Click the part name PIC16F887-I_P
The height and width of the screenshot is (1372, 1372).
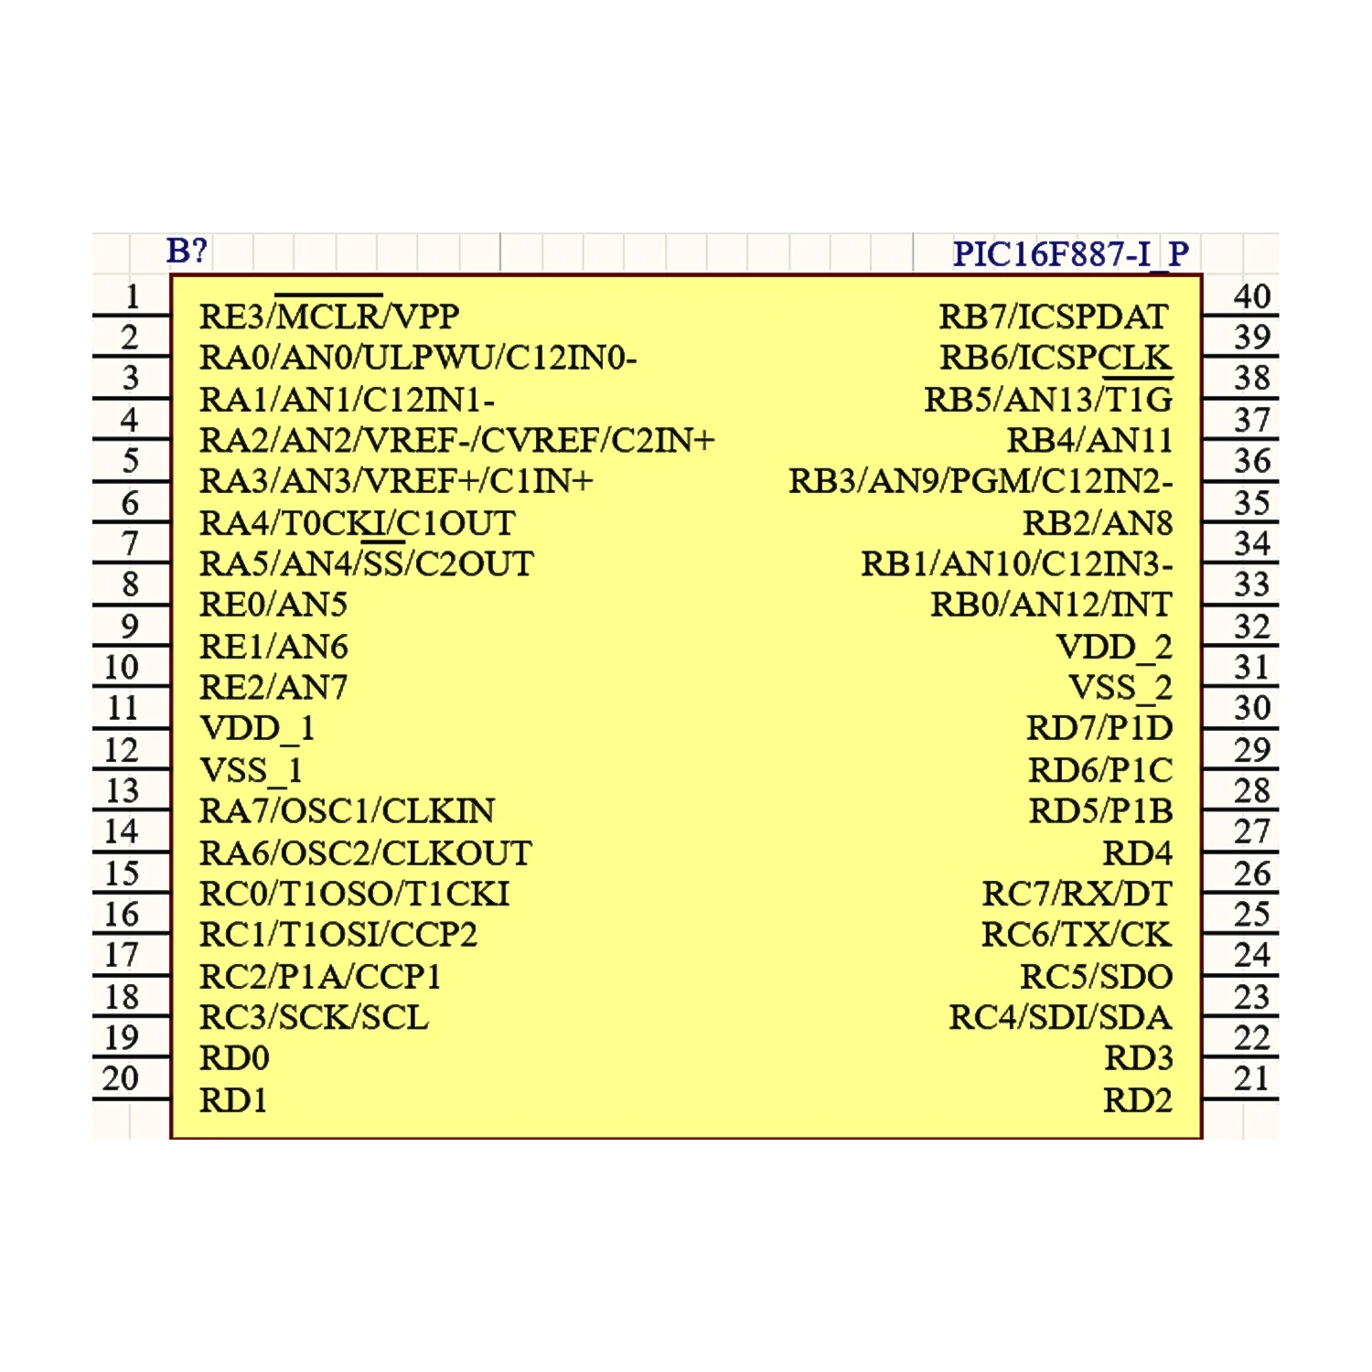point(1070,253)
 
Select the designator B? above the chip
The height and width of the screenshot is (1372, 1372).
point(187,250)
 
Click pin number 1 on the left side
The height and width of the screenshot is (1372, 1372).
point(133,296)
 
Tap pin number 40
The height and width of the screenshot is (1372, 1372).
point(1251,296)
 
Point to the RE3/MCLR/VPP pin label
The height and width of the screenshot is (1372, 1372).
point(329,316)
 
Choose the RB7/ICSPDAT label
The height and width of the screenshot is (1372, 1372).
point(1054,316)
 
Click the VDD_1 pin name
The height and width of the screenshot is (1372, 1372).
point(257,729)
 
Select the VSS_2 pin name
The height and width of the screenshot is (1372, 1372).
point(1120,688)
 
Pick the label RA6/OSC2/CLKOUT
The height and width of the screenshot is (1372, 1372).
point(366,853)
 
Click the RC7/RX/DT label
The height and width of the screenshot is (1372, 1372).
point(1077,894)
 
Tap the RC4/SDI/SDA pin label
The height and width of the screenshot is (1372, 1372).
point(1060,1017)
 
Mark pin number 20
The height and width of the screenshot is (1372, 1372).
point(121,1078)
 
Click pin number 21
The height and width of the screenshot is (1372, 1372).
point(1251,1078)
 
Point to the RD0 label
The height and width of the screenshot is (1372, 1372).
point(234,1058)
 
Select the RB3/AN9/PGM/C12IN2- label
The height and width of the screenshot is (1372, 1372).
point(981,481)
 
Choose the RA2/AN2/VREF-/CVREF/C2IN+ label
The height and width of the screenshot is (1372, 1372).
point(456,441)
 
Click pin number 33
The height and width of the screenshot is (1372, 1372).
point(1251,584)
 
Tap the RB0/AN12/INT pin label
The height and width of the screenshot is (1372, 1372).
point(1051,605)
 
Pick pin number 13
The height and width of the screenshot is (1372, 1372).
point(122,790)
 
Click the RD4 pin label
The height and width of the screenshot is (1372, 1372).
point(1137,853)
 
